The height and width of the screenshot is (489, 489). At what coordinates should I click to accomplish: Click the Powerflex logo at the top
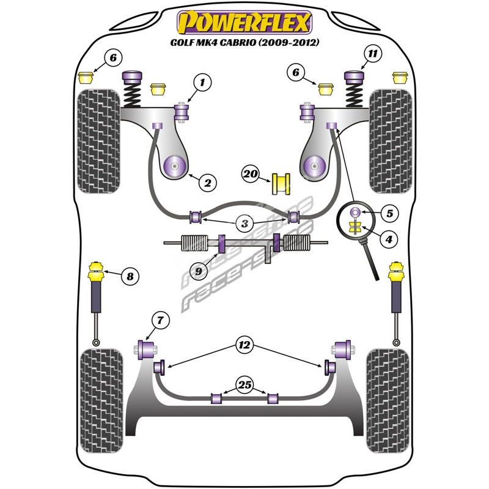244,23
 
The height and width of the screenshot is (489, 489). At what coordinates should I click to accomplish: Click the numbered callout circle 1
202,83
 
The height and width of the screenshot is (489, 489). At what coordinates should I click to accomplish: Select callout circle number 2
207,182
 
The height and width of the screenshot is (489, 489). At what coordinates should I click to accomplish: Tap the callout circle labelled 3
245,223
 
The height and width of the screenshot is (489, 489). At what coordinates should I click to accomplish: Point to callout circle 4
389,239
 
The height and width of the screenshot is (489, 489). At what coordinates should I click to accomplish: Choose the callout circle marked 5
390,213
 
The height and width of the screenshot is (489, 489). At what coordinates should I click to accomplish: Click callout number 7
160,320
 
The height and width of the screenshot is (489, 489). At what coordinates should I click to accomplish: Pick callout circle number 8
130,276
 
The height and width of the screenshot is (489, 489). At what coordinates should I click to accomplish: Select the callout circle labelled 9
199,271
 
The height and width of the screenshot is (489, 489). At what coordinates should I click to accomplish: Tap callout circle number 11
373,54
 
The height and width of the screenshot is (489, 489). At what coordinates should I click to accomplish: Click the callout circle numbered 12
245,345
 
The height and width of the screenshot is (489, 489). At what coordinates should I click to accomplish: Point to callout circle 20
251,174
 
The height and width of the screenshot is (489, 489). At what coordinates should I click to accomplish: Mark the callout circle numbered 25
245,385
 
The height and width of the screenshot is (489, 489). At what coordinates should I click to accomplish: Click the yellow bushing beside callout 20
281,184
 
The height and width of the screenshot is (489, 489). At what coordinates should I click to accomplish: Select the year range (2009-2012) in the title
289,42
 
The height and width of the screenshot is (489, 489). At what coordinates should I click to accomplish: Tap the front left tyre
98,141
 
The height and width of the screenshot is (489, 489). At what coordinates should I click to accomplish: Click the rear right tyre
388,401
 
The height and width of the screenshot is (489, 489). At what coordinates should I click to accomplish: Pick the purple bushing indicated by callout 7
146,350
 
